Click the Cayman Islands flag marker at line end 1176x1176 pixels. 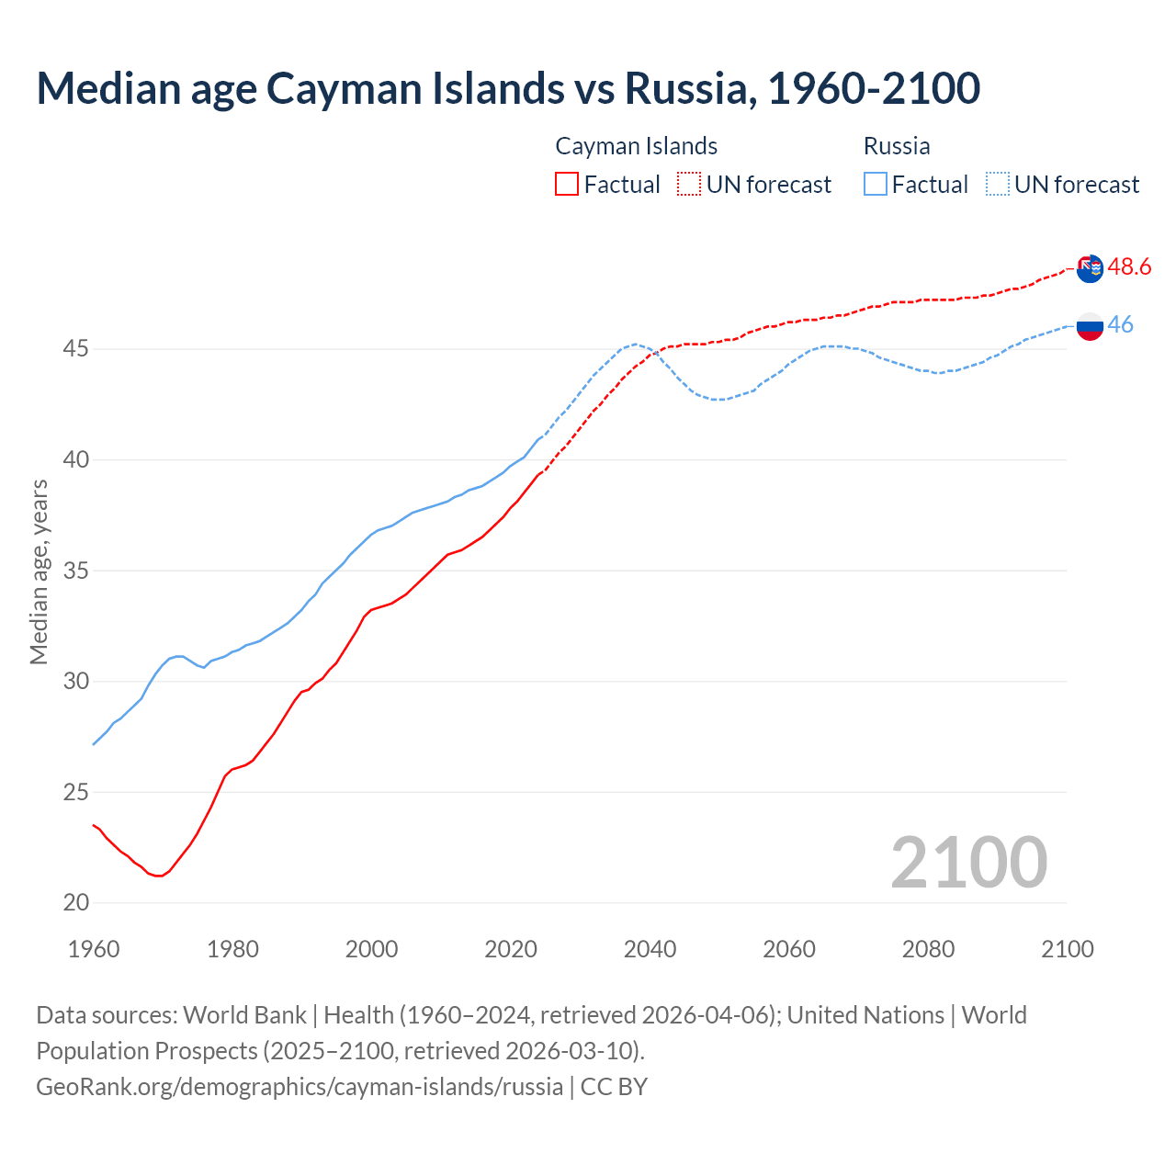[1090, 269]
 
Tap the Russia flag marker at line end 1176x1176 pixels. [1090, 325]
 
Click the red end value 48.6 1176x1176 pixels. [1129, 267]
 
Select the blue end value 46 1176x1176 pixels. [1120, 324]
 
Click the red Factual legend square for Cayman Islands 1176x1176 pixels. [567, 184]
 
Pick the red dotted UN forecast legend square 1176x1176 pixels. [689, 184]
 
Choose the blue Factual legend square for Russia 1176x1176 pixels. [876, 184]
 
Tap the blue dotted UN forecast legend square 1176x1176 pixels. [998, 184]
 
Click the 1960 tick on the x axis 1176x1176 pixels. [94, 949]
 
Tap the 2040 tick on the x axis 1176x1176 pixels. [650, 949]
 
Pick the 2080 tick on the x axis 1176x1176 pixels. [928, 949]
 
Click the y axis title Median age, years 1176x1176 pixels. [39, 571]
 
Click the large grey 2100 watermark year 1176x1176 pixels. [968, 862]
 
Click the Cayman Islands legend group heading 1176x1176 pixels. [636, 146]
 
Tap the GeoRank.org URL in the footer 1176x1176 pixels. [300, 1086]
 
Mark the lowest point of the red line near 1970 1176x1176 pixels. [159, 876]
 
